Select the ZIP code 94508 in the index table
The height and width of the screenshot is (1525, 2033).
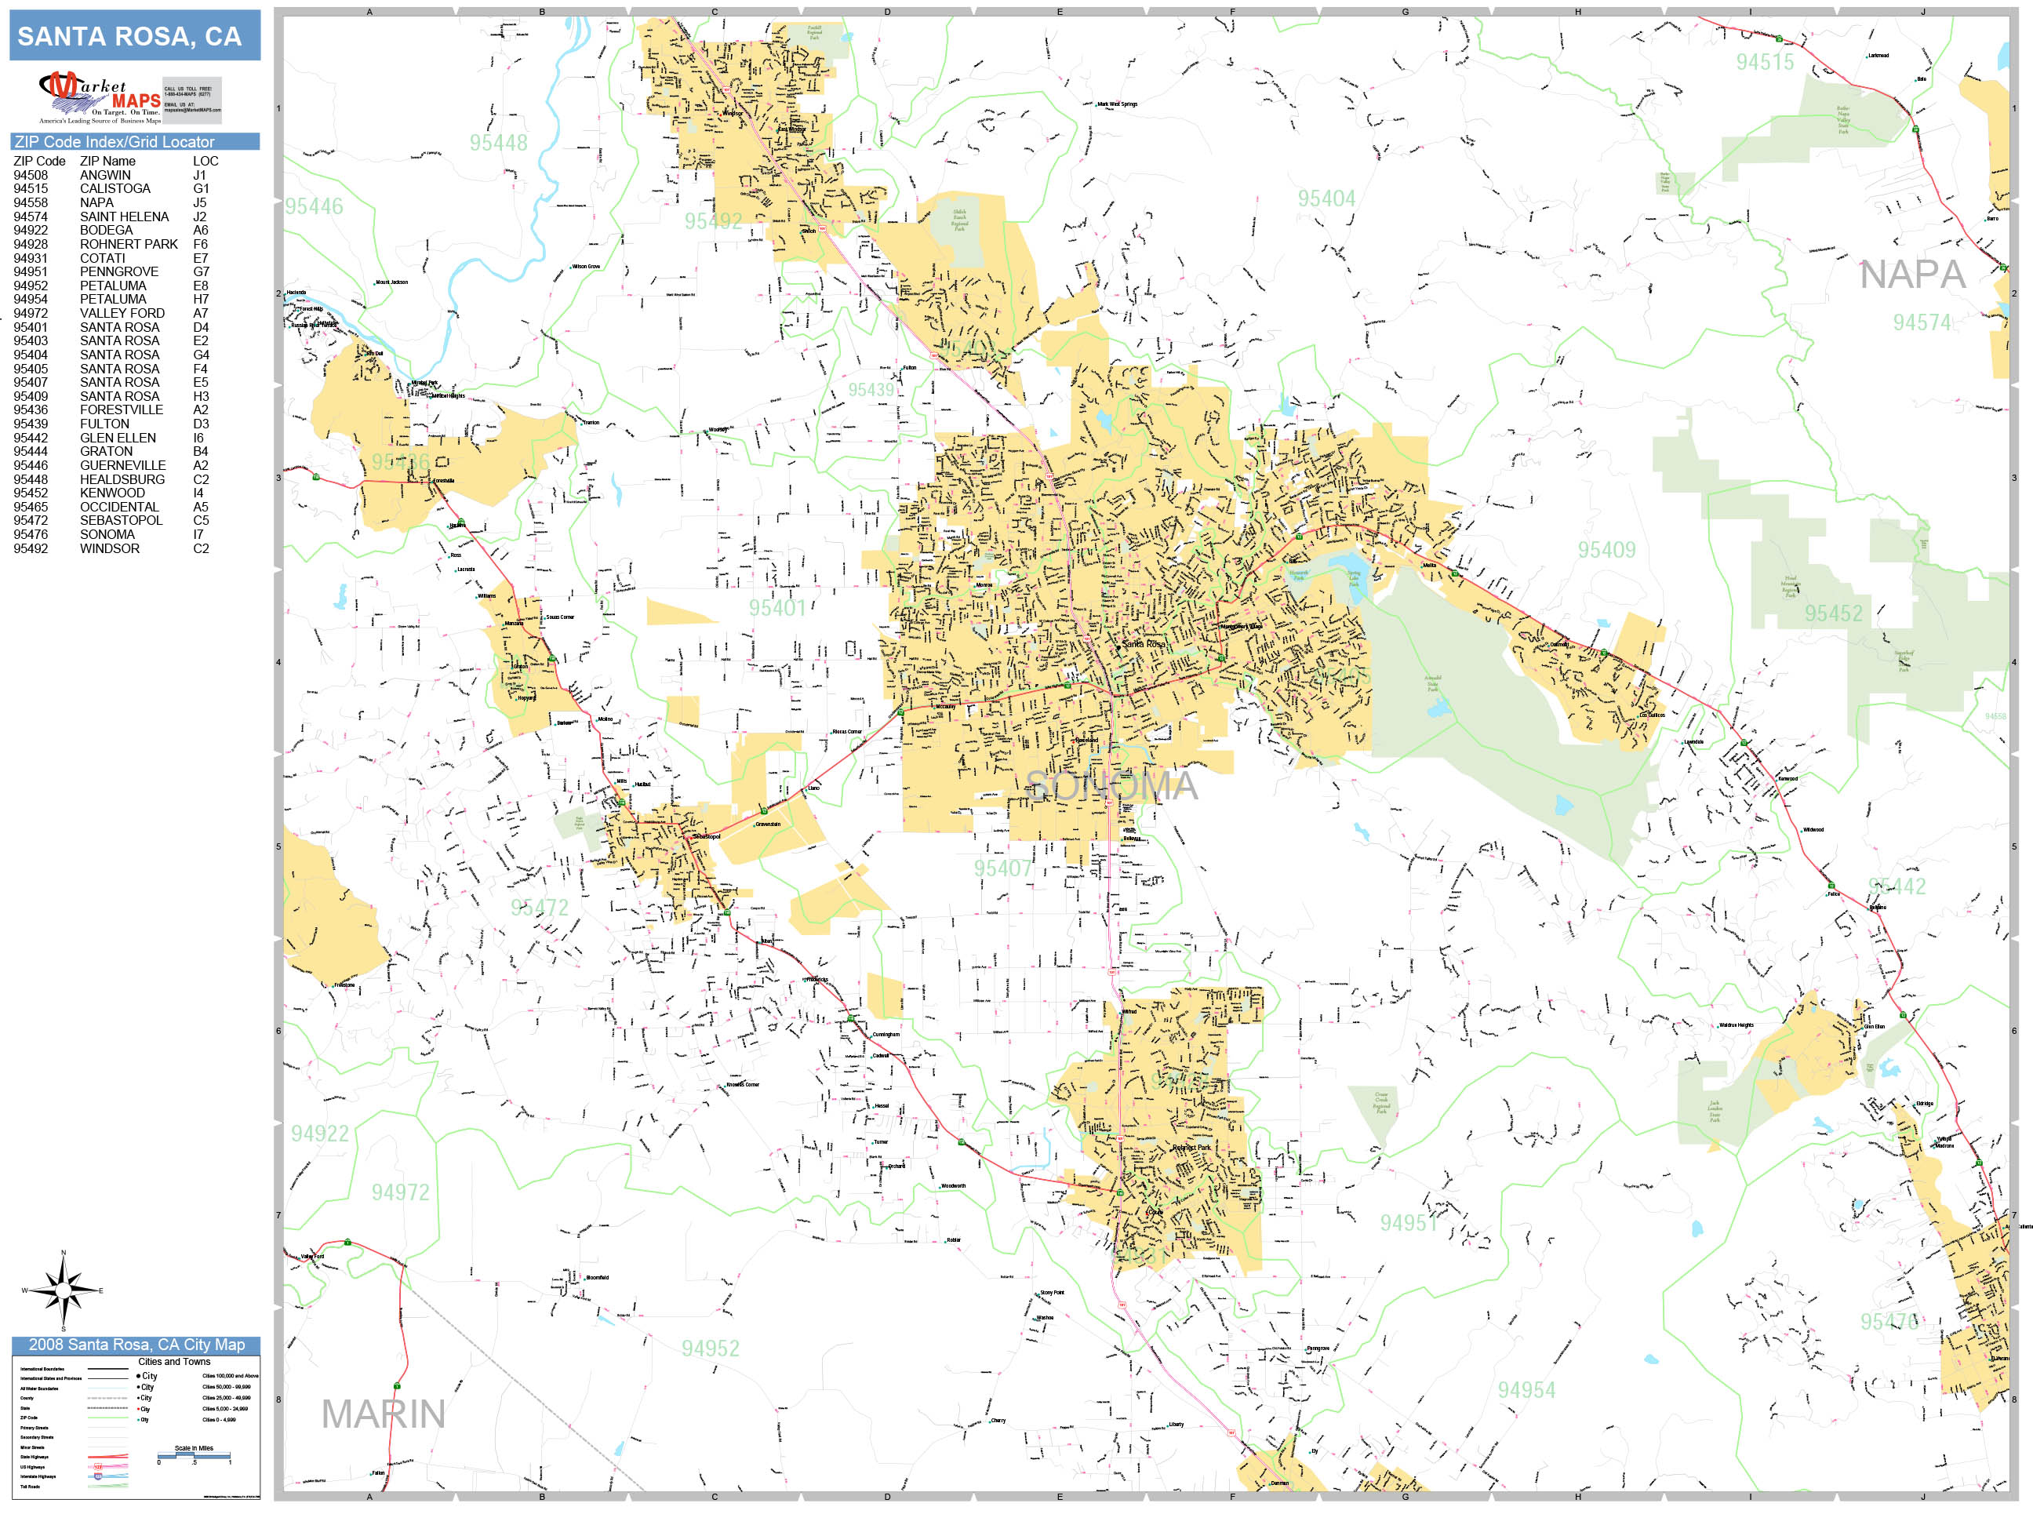(31, 175)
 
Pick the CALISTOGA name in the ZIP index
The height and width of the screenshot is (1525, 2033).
(115, 188)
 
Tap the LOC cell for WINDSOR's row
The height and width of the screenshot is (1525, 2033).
(200, 549)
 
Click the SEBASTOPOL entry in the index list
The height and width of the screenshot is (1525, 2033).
(121, 520)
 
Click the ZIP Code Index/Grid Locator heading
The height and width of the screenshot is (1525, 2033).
(115, 141)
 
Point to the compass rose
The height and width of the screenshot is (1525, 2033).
(64, 1290)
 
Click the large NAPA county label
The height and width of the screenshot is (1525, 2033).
(1911, 275)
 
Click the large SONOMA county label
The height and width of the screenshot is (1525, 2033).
(1111, 786)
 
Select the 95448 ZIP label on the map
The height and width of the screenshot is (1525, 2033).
(498, 144)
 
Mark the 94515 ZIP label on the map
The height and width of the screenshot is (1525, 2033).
(1765, 63)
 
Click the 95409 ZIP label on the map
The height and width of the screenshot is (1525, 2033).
(1606, 550)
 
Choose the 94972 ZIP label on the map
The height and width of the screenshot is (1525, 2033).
(400, 1192)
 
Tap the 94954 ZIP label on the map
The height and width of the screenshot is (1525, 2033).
(1526, 1390)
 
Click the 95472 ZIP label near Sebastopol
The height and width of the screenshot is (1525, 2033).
(540, 908)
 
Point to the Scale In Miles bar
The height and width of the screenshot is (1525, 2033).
(193, 1455)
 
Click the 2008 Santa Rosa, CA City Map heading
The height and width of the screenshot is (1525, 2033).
(136, 1345)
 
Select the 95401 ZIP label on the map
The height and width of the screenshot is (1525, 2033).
(776, 608)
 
